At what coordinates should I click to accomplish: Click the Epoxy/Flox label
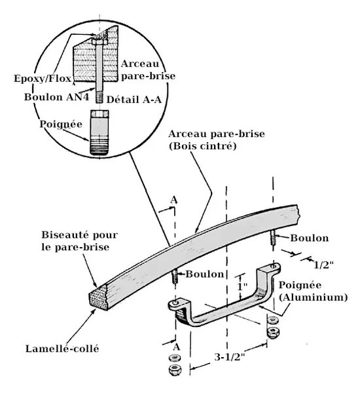(x=43, y=79)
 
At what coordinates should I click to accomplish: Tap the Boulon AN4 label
(x=57, y=97)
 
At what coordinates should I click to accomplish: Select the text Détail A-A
(x=134, y=100)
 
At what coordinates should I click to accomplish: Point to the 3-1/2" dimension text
(x=229, y=357)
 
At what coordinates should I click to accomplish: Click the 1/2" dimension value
(x=323, y=265)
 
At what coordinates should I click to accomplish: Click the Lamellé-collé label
(x=62, y=349)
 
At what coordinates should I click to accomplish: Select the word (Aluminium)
(x=314, y=297)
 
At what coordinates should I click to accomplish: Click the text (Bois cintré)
(x=203, y=146)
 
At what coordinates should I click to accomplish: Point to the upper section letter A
(x=173, y=200)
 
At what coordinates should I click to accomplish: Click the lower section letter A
(x=176, y=347)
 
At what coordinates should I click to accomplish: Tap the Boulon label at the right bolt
(x=310, y=238)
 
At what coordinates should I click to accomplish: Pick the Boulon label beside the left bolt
(x=205, y=274)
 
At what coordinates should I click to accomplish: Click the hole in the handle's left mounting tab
(x=175, y=303)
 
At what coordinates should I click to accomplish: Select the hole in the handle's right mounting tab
(x=274, y=266)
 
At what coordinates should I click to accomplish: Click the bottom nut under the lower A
(x=175, y=369)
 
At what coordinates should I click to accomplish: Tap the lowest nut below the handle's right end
(x=273, y=332)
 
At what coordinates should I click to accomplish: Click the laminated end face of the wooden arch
(x=98, y=297)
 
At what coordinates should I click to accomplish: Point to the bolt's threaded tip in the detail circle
(x=99, y=98)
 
